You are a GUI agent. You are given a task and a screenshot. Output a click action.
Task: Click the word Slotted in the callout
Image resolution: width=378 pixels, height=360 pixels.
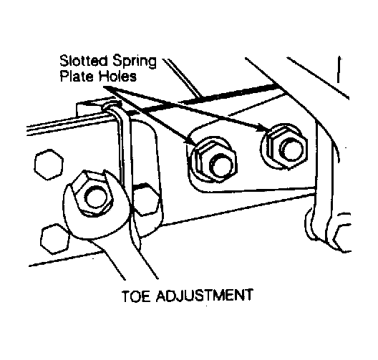[x=84, y=61]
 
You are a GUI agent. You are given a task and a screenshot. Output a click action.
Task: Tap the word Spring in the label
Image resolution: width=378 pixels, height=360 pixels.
[x=135, y=62]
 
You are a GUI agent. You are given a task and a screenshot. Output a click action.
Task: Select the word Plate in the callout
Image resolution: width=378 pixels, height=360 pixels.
[x=76, y=76]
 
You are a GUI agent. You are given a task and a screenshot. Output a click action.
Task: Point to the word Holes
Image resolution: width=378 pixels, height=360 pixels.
[x=118, y=76]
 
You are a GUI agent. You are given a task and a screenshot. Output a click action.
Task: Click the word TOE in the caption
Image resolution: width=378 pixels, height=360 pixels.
[x=136, y=296]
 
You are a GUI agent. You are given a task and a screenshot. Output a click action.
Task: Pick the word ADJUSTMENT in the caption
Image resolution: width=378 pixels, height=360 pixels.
[x=205, y=295]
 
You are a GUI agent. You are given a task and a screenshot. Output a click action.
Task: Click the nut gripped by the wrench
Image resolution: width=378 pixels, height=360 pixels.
[x=93, y=193]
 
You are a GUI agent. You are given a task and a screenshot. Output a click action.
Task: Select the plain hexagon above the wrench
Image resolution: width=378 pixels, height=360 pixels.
[x=49, y=164]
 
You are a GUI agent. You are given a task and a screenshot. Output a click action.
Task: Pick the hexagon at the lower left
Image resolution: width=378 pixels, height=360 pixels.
[x=55, y=238]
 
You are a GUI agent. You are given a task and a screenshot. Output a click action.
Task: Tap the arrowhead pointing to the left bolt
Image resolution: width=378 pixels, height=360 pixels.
[x=190, y=142]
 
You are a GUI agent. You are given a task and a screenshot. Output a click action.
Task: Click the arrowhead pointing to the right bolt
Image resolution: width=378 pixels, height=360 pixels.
[x=261, y=127]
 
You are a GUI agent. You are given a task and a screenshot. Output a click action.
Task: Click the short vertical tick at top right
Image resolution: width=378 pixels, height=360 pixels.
[x=339, y=69]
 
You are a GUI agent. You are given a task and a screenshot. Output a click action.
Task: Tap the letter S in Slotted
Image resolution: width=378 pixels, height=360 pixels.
[x=64, y=61]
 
